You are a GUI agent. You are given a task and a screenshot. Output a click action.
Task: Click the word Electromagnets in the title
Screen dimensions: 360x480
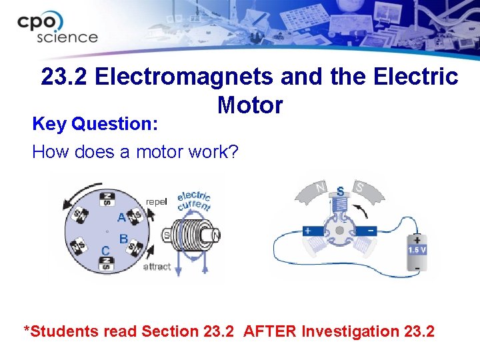[185, 77]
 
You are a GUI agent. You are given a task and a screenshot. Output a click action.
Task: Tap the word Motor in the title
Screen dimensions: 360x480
[249, 105]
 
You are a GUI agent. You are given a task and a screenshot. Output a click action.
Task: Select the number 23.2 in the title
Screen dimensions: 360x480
[65, 77]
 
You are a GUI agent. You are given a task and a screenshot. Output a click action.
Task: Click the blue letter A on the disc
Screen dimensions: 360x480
[121, 217]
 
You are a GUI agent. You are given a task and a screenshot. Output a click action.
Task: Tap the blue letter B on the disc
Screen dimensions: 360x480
[123, 238]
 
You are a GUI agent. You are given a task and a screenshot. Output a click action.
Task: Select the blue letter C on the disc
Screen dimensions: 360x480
[105, 250]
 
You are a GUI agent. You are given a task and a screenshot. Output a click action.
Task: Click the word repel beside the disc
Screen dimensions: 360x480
[157, 201]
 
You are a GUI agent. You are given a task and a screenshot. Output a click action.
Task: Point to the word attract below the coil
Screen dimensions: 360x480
[157, 266]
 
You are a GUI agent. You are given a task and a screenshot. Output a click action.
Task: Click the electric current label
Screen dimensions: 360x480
[193, 201]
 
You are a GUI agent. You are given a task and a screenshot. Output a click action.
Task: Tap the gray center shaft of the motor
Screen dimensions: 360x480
[339, 229]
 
